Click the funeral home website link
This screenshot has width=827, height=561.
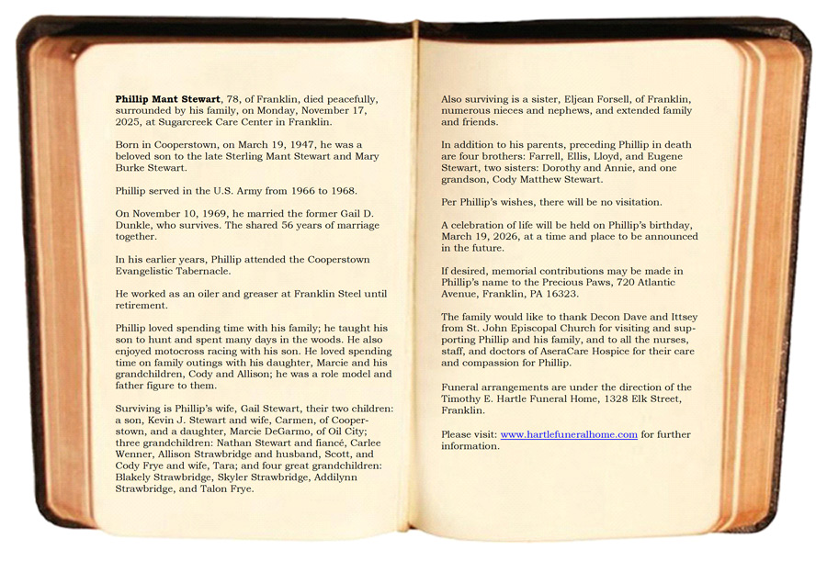pyautogui.click(x=569, y=434)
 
